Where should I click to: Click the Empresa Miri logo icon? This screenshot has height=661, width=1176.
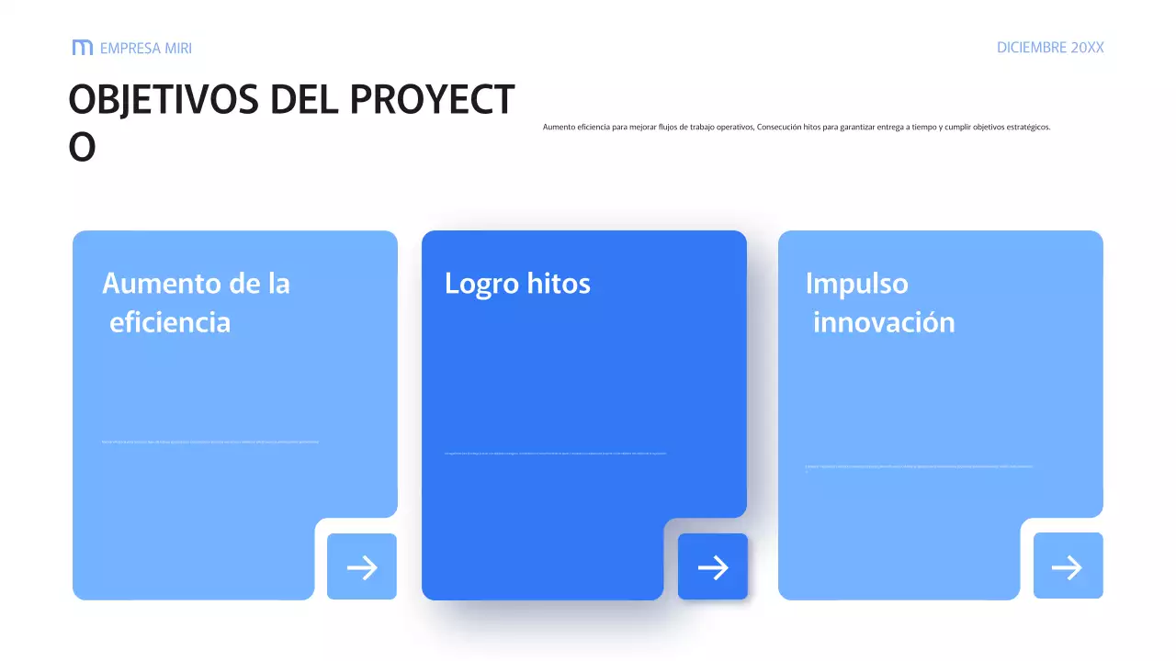click(x=82, y=48)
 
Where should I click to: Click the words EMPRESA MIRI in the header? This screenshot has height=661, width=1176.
click(x=145, y=49)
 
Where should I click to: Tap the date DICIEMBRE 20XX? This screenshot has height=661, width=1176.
click(x=1050, y=48)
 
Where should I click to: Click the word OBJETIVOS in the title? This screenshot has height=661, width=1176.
click(x=164, y=100)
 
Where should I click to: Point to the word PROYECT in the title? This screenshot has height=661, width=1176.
click(x=432, y=100)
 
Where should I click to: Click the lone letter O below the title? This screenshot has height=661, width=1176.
click(x=82, y=148)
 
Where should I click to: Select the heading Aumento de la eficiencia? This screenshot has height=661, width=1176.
click(x=196, y=303)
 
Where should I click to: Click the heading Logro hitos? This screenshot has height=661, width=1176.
click(x=517, y=284)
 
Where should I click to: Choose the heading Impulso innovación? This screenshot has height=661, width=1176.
click(x=879, y=303)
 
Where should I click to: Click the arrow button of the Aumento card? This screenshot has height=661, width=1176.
click(x=362, y=567)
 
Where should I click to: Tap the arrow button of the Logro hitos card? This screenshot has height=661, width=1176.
click(x=713, y=567)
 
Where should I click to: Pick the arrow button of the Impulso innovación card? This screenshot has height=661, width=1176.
click(x=1068, y=566)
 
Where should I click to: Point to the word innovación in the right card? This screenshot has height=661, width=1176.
click(x=884, y=323)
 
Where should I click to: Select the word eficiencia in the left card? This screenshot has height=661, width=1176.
click(x=170, y=323)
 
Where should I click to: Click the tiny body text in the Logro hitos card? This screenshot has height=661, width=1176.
click(x=555, y=453)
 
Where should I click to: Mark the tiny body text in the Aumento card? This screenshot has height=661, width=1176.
click(x=210, y=443)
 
